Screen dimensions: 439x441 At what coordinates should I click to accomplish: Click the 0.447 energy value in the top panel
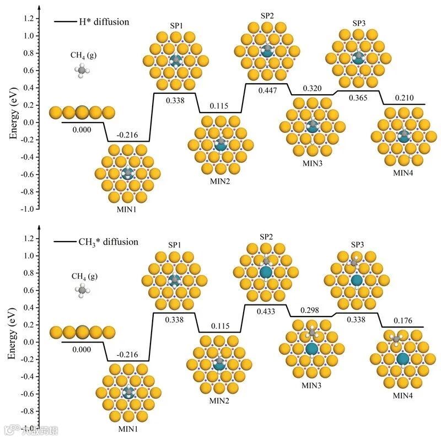267,90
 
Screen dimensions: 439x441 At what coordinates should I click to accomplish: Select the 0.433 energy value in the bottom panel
267,311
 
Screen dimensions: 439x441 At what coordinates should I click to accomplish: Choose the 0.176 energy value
404,320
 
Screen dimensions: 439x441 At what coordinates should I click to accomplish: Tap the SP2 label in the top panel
267,15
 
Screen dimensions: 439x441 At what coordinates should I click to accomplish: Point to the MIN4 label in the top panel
401,173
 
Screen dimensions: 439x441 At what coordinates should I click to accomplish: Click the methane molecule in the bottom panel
82,290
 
